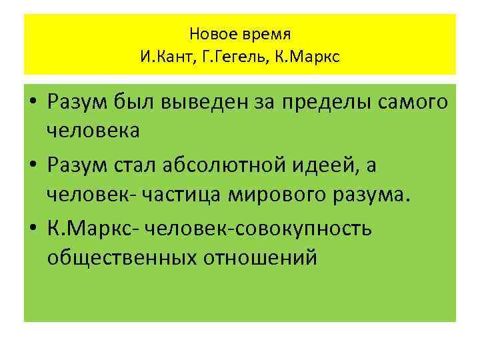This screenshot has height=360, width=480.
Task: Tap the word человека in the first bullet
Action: (x=93, y=130)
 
